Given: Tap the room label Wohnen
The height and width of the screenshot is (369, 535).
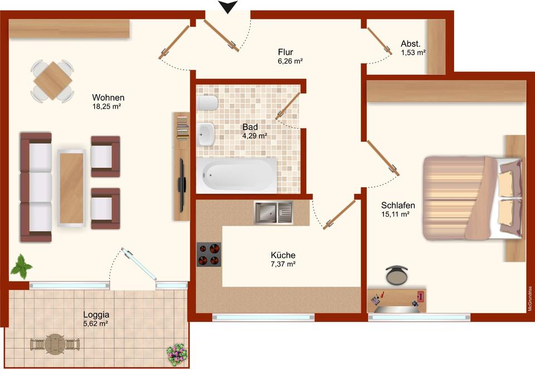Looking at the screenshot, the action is pyautogui.click(x=108, y=98).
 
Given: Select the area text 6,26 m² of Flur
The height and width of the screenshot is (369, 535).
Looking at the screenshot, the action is pyautogui.click(x=290, y=61).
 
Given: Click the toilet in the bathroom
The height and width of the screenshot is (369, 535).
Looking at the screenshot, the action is pyautogui.click(x=207, y=103).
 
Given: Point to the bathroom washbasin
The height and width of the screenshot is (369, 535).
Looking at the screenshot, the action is pyautogui.click(x=206, y=134).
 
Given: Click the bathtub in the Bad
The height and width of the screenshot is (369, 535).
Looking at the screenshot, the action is pyautogui.click(x=236, y=175).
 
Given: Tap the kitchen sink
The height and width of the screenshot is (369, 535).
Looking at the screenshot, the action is pyautogui.click(x=273, y=212).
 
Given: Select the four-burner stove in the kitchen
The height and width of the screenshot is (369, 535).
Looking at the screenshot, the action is pyautogui.click(x=209, y=254).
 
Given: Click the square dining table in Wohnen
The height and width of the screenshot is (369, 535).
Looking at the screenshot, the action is pyautogui.click(x=52, y=81).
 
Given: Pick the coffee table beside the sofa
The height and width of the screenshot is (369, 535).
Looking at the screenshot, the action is pyautogui.click(x=71, y=188).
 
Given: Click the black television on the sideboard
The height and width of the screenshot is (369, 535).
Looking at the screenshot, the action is pyautogui.click(x=182, y=184).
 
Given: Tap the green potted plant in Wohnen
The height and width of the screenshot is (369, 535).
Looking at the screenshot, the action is pyautogui.click(x=21, y=266).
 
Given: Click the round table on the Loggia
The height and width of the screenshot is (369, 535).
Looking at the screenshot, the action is pyautogui.click(x=55, y=344).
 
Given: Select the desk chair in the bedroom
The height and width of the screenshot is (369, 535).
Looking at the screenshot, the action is pyautogui.click(x=396, y=275).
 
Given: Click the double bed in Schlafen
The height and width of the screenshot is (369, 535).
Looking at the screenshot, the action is pyautogui.click(x=473, y=198).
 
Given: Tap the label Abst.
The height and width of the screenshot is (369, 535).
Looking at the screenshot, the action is pyautogui.click(x=411, y=43).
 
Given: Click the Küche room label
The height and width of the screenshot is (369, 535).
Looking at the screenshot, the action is pyautogui.click(x=283, y=255).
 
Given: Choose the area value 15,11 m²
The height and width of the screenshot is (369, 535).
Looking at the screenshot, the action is pyautogui.click(x=395, y=215).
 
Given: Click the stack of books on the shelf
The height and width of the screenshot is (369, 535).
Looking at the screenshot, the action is pyautogui.click(x=183, y=128).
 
